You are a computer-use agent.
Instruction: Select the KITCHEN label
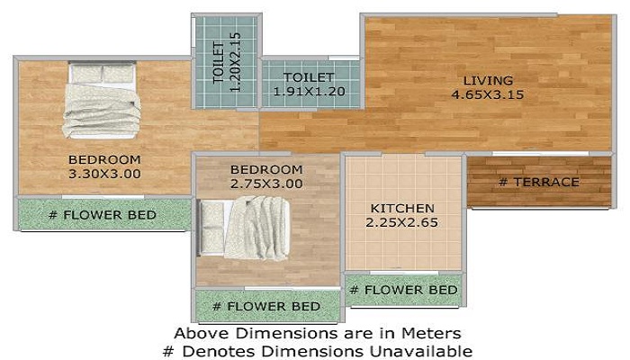[x=402, y=208]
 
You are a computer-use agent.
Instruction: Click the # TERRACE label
[x=538, y=183]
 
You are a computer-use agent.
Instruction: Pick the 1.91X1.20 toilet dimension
[x=309, y=91]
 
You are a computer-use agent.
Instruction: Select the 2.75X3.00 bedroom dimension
[x=265, y=184]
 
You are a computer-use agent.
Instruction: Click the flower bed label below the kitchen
[x=402, y=290]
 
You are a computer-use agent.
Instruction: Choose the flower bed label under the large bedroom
[x=102, y=215]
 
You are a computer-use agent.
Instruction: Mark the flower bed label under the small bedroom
[x=265, y=307]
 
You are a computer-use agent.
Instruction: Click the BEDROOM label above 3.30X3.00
[x=104, y=160]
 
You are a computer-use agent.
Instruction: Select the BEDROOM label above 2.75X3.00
[x=265, y=169]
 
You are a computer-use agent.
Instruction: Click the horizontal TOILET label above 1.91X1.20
[x=309, y=77]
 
